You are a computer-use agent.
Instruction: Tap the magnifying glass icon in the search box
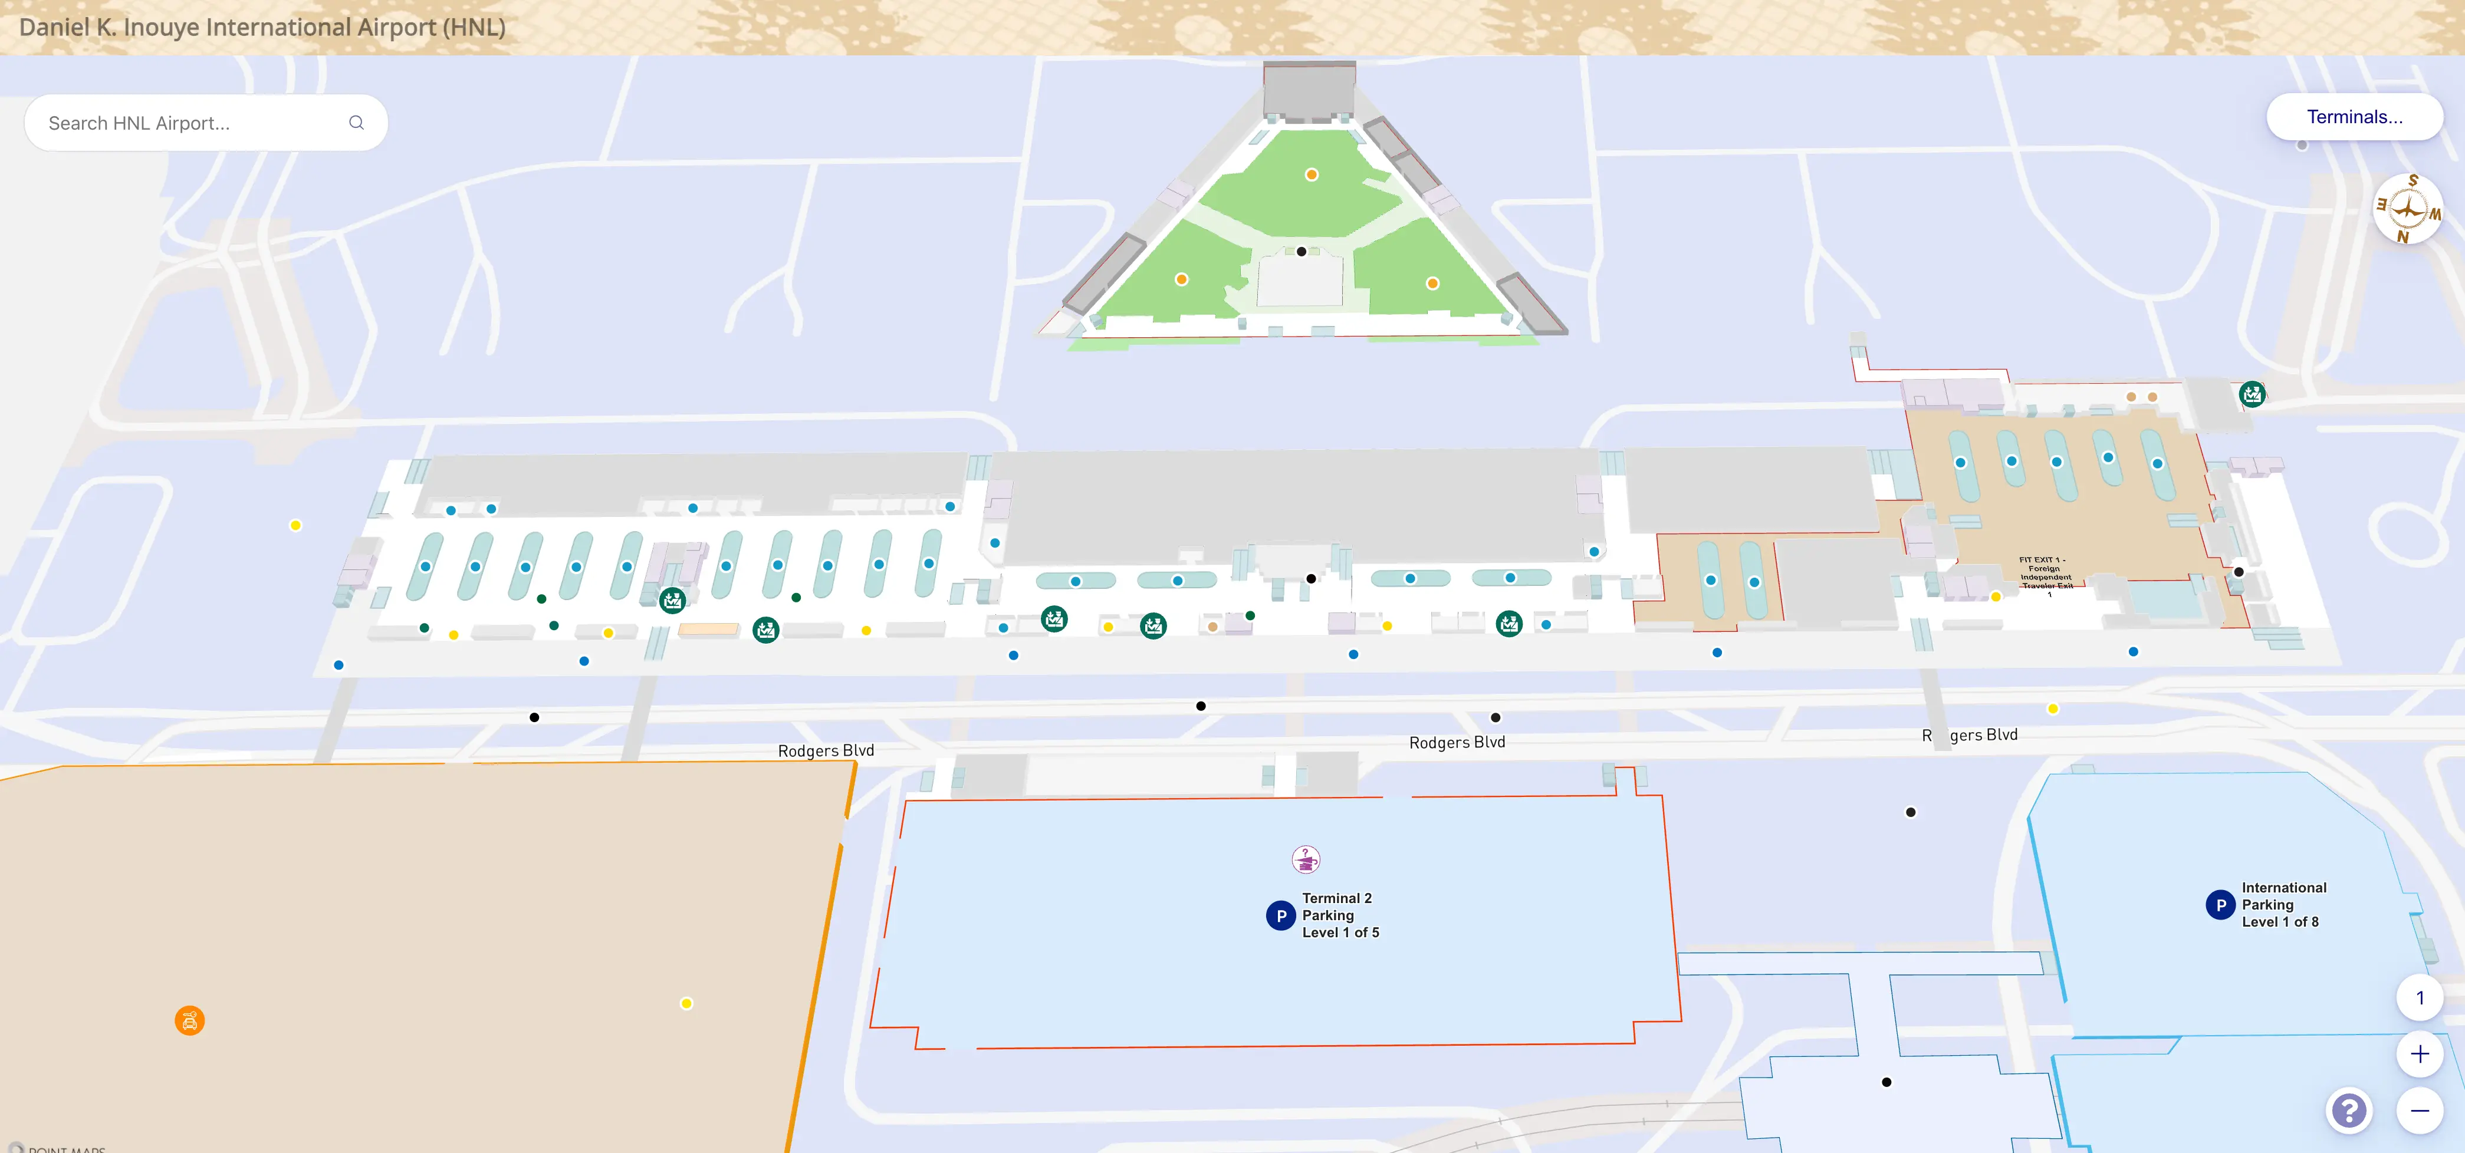click(356, 123)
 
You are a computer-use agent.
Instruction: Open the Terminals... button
click(2354, 117)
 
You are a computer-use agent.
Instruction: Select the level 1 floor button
click(2419, 998)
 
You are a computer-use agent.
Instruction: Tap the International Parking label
click(2283, 904)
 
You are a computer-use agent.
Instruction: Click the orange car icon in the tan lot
click(189, 1021)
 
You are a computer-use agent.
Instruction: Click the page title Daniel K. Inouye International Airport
click(262, 27)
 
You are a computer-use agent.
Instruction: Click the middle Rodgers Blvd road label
click(1457, 743)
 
